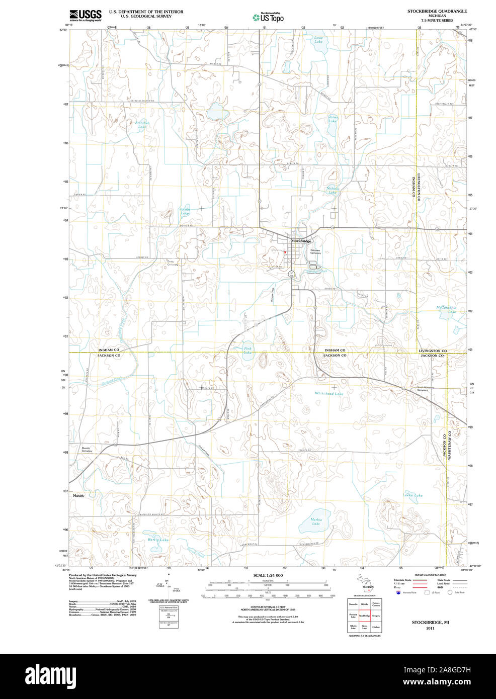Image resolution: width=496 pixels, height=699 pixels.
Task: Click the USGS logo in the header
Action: [86, 15]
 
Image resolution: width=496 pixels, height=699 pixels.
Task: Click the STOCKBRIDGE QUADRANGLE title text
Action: [437, 11]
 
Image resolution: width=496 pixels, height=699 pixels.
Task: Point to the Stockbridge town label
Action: [301, 241]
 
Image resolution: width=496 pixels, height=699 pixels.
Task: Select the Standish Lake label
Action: [142, 125]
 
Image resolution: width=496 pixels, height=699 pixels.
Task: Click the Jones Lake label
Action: [333, 119]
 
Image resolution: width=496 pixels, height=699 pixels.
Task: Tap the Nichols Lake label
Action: [333, 190]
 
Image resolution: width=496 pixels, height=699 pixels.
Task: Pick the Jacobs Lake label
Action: [185, 211]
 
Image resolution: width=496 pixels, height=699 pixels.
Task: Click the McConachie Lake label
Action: [446, 309]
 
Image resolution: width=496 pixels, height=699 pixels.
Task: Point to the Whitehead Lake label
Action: [329, 394]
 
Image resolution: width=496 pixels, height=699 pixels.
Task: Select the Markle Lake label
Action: [316, 521]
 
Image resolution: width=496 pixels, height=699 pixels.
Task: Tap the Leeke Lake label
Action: [412, 495]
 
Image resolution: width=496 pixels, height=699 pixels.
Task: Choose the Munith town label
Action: [78, 496]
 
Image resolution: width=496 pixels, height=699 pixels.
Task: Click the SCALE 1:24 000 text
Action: [268, 575]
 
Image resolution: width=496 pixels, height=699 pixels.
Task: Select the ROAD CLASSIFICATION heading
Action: [430, 575]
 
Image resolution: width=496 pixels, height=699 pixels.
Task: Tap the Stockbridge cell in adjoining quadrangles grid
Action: [364, 616]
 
